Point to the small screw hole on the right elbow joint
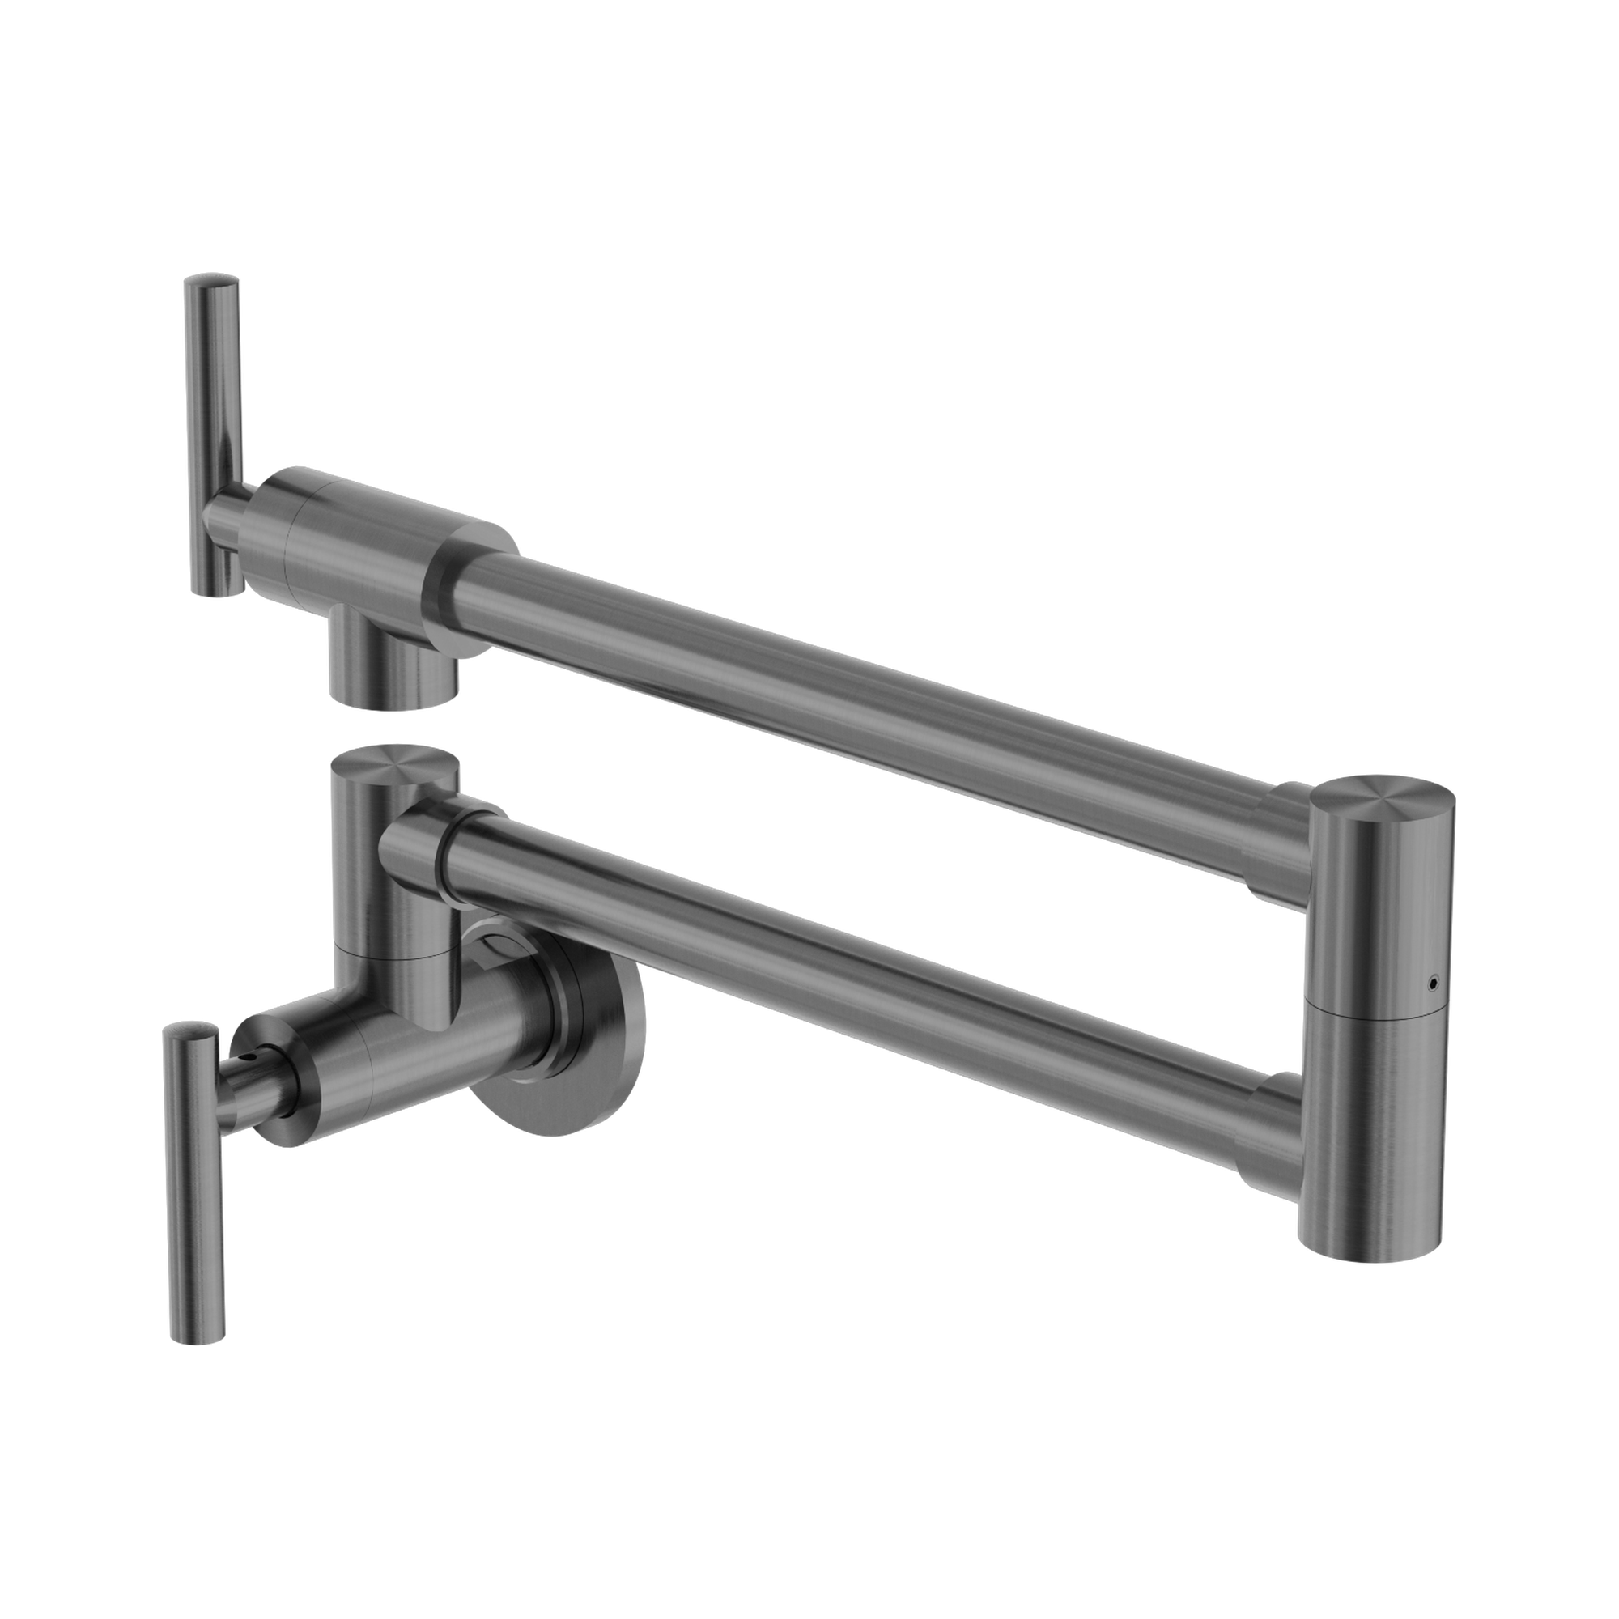[1432, 980]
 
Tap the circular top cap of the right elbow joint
[1383, 796]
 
